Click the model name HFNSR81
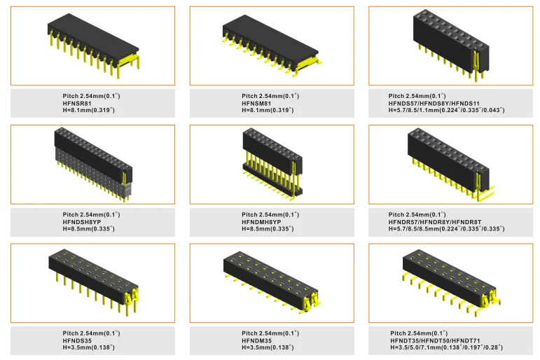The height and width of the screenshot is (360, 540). coord(77,103)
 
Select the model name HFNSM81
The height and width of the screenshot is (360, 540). coord(256,103)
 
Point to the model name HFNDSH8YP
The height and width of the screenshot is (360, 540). coord(82,221)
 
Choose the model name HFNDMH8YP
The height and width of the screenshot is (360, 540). coord(261,221)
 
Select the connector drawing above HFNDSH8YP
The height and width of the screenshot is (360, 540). coord(92,164)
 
